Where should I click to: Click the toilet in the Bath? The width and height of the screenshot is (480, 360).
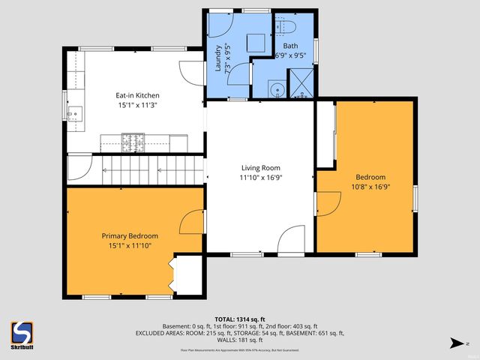[288, 28]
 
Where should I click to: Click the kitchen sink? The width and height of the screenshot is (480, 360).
[75, 114]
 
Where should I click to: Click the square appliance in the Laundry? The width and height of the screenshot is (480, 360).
[257, 41]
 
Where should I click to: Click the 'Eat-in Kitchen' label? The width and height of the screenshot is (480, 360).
[136, 95]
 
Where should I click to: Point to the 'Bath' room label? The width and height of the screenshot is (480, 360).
[289, 46]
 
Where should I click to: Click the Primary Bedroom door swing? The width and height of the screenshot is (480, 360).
[192, 223]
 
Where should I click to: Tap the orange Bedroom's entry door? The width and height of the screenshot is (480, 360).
[327, 202]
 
